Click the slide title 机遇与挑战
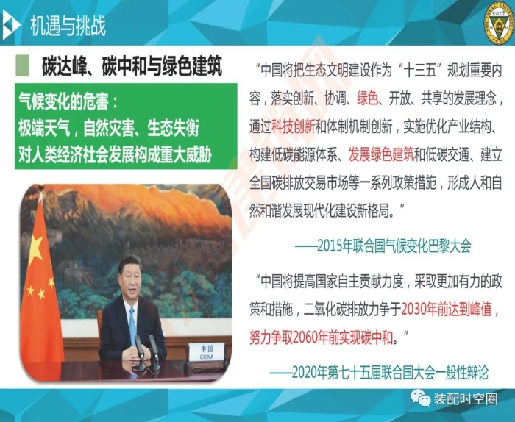[x=68, y=26]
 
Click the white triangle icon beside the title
[x=10, y=24]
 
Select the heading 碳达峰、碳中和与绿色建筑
[x=132, y=66]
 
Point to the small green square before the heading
[x=22, y=65]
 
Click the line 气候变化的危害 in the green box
[x=68, y=101]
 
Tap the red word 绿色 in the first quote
[x=368, y=98]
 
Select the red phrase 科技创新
[x=293, y=126]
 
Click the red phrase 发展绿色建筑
[x=381, y=154]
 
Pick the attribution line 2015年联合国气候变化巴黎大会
[x=383, y=246]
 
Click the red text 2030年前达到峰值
[x=450, y=309]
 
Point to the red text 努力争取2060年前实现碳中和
[x=321, y=337]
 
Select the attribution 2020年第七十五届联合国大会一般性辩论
[x=379, y=372]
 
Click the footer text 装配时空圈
[x=466, y=399]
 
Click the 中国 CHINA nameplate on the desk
[x=207, y=351]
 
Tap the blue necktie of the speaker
[x=132, y=326]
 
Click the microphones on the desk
[x=147, y=352]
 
